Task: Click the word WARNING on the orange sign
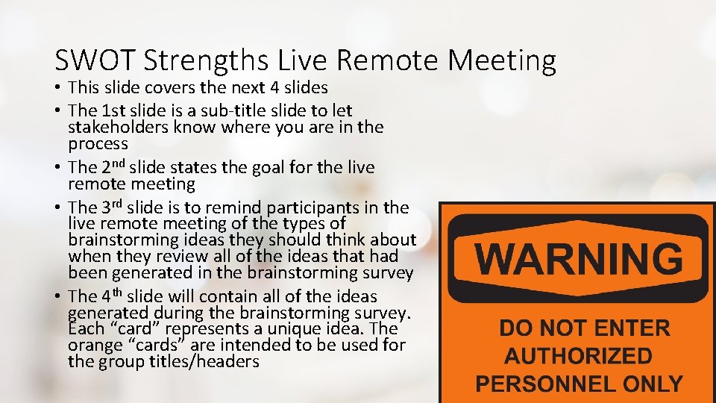579,259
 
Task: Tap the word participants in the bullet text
312,207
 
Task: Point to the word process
98,143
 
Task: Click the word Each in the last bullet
83,328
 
